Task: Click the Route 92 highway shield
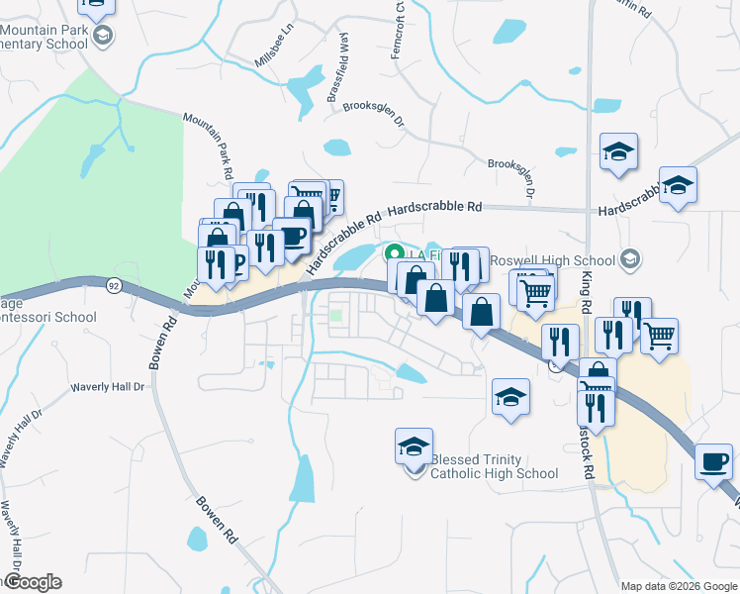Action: [x=114, y=286]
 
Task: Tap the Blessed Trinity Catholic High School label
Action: [x=494, y=466]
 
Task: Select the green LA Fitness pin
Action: [x=393, y=253]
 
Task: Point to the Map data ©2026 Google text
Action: [x=678, y=585]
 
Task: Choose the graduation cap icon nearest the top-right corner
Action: [x=679, y=185]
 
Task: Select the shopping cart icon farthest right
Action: [x=659, y=335]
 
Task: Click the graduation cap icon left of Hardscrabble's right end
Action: [x=618, y=151]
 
